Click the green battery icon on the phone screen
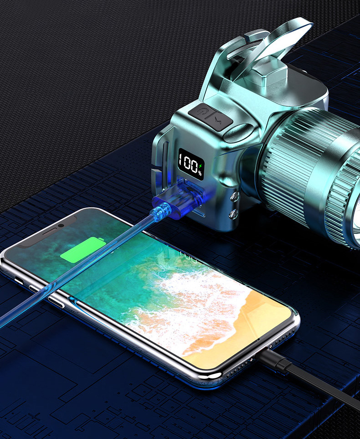tap(83, 249)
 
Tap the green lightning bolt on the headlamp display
tap(200, 166)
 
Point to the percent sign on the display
tap(200, 173)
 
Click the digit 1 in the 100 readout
tap(181, 160)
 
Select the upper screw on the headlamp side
tap(234, 197)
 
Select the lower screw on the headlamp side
tap(233, 215)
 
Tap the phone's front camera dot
tap(61, 225)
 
